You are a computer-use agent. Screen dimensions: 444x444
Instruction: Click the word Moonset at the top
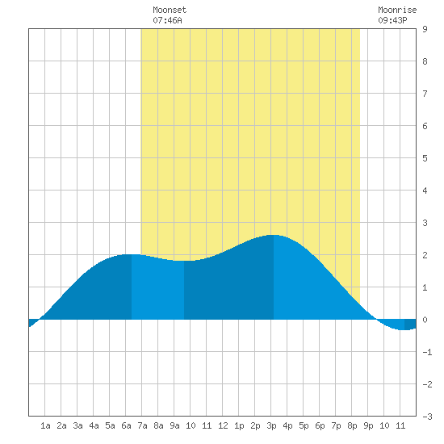click(170, 10)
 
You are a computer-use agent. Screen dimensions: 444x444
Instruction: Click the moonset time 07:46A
click(167, 20)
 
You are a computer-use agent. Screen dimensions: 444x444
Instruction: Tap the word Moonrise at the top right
click(397, 10)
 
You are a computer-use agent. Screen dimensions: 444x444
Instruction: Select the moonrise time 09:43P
click(392, 20)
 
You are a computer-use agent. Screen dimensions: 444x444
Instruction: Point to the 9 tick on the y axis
click(425, 29)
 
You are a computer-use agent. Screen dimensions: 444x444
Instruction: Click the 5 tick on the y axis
click(425, 158)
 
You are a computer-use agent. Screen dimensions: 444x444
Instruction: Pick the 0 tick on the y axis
click(425, 320)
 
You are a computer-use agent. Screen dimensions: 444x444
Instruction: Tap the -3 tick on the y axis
click(427, 417)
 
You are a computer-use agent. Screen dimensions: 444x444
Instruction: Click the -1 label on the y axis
click(427, 352)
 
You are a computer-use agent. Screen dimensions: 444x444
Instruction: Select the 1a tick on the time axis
click(45, 425)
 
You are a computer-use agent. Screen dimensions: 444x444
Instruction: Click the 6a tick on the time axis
click(126, 425)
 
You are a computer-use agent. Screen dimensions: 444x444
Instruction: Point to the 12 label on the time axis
click(223, 425)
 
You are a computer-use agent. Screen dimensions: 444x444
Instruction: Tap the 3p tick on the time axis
click(271, 425)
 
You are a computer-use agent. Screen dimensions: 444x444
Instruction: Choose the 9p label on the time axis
click(368, 425)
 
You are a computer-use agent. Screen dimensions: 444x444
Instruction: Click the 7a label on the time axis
click(142, 425)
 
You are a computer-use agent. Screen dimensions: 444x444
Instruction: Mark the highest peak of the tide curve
click(273, 235)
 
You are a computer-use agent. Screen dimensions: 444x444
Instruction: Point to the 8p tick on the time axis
click(352, 425)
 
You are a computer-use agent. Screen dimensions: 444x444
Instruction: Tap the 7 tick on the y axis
click(425, 94)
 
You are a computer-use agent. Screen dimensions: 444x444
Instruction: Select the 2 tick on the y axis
click(425, 255)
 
